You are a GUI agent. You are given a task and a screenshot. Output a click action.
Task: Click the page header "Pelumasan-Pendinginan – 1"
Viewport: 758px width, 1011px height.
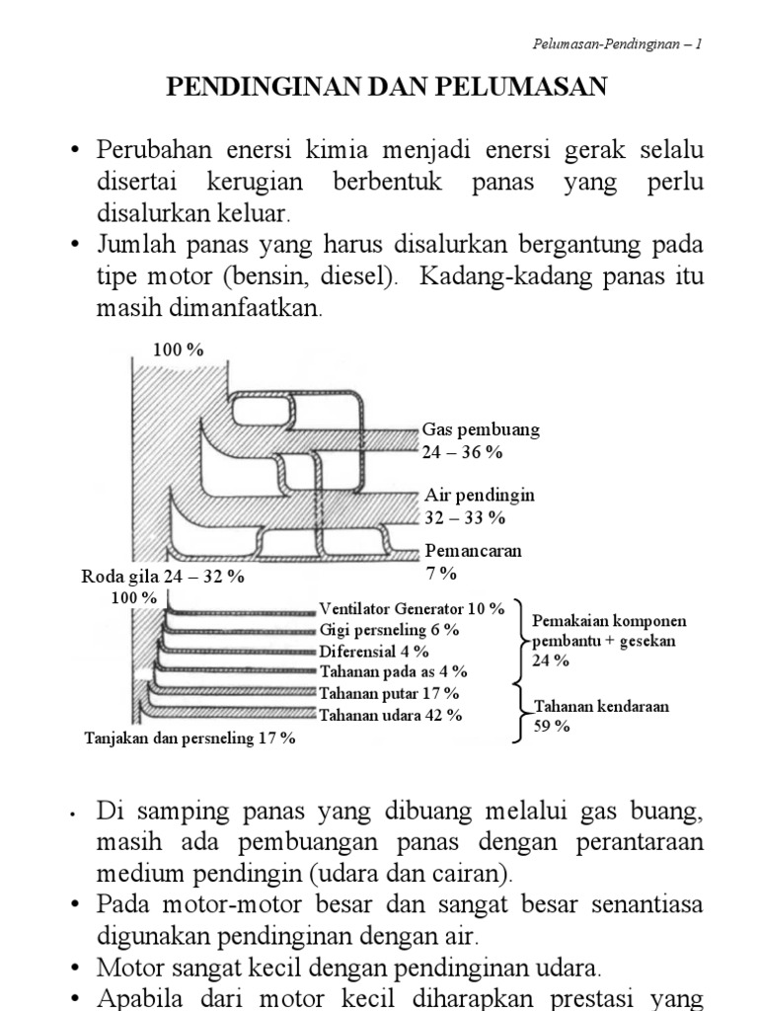(616, 45)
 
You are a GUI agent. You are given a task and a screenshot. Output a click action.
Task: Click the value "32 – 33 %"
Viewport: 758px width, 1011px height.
(464, 516)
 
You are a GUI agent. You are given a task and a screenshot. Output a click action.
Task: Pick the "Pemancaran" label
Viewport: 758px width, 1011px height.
(473, 551)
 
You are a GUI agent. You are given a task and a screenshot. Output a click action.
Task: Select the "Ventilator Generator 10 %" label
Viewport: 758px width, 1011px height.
(412, 609)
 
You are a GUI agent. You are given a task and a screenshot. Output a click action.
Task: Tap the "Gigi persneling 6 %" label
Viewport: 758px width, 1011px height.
(389, 630)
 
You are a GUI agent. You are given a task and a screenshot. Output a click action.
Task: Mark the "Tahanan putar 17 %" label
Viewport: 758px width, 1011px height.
(389, 694)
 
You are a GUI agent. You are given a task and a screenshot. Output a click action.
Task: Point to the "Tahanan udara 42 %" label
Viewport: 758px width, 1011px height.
(390, 715)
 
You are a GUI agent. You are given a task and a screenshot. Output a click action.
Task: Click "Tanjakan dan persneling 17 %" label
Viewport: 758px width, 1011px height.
(189, 738)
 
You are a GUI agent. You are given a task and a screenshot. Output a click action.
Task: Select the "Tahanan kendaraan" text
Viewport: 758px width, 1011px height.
(601, 706)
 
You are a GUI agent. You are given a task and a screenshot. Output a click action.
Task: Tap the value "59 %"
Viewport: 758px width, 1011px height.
(552, 726)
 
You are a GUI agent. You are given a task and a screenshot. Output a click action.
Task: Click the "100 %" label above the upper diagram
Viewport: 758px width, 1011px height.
(178, 349)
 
